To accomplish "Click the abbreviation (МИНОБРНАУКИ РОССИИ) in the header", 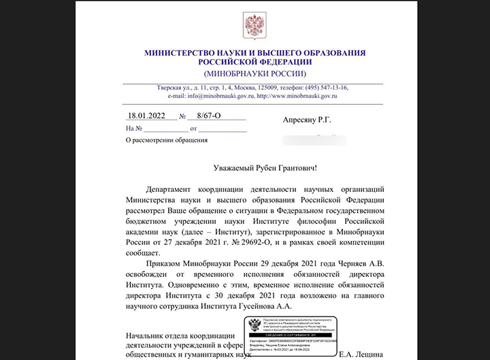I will tap(255, 73).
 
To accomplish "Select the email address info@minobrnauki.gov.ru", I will tap(205, 97).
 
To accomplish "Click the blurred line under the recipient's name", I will tap(313, 139).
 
